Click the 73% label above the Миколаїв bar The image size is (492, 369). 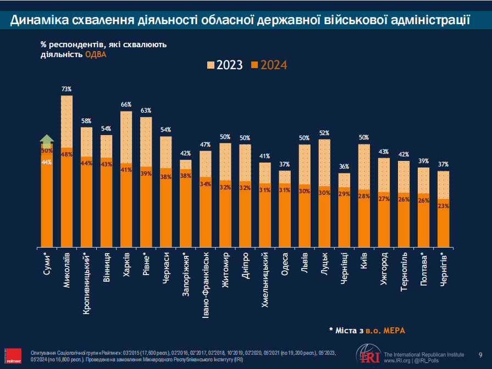coord(67,89)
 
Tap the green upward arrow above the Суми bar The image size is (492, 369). coord(47,140)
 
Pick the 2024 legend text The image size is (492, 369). coord(274,65)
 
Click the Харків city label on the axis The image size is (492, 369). coord(126,267)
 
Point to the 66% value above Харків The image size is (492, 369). coord(126,105)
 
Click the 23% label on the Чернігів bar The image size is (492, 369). coord(444,206)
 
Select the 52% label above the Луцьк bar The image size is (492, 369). coord(324,133)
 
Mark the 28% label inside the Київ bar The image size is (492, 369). coord(364,196)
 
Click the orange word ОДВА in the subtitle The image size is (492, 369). coord(96,54)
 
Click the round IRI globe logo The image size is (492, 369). coord(367,354)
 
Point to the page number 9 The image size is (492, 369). coord(480,355)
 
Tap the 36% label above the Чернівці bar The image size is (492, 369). coord(344,167)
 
